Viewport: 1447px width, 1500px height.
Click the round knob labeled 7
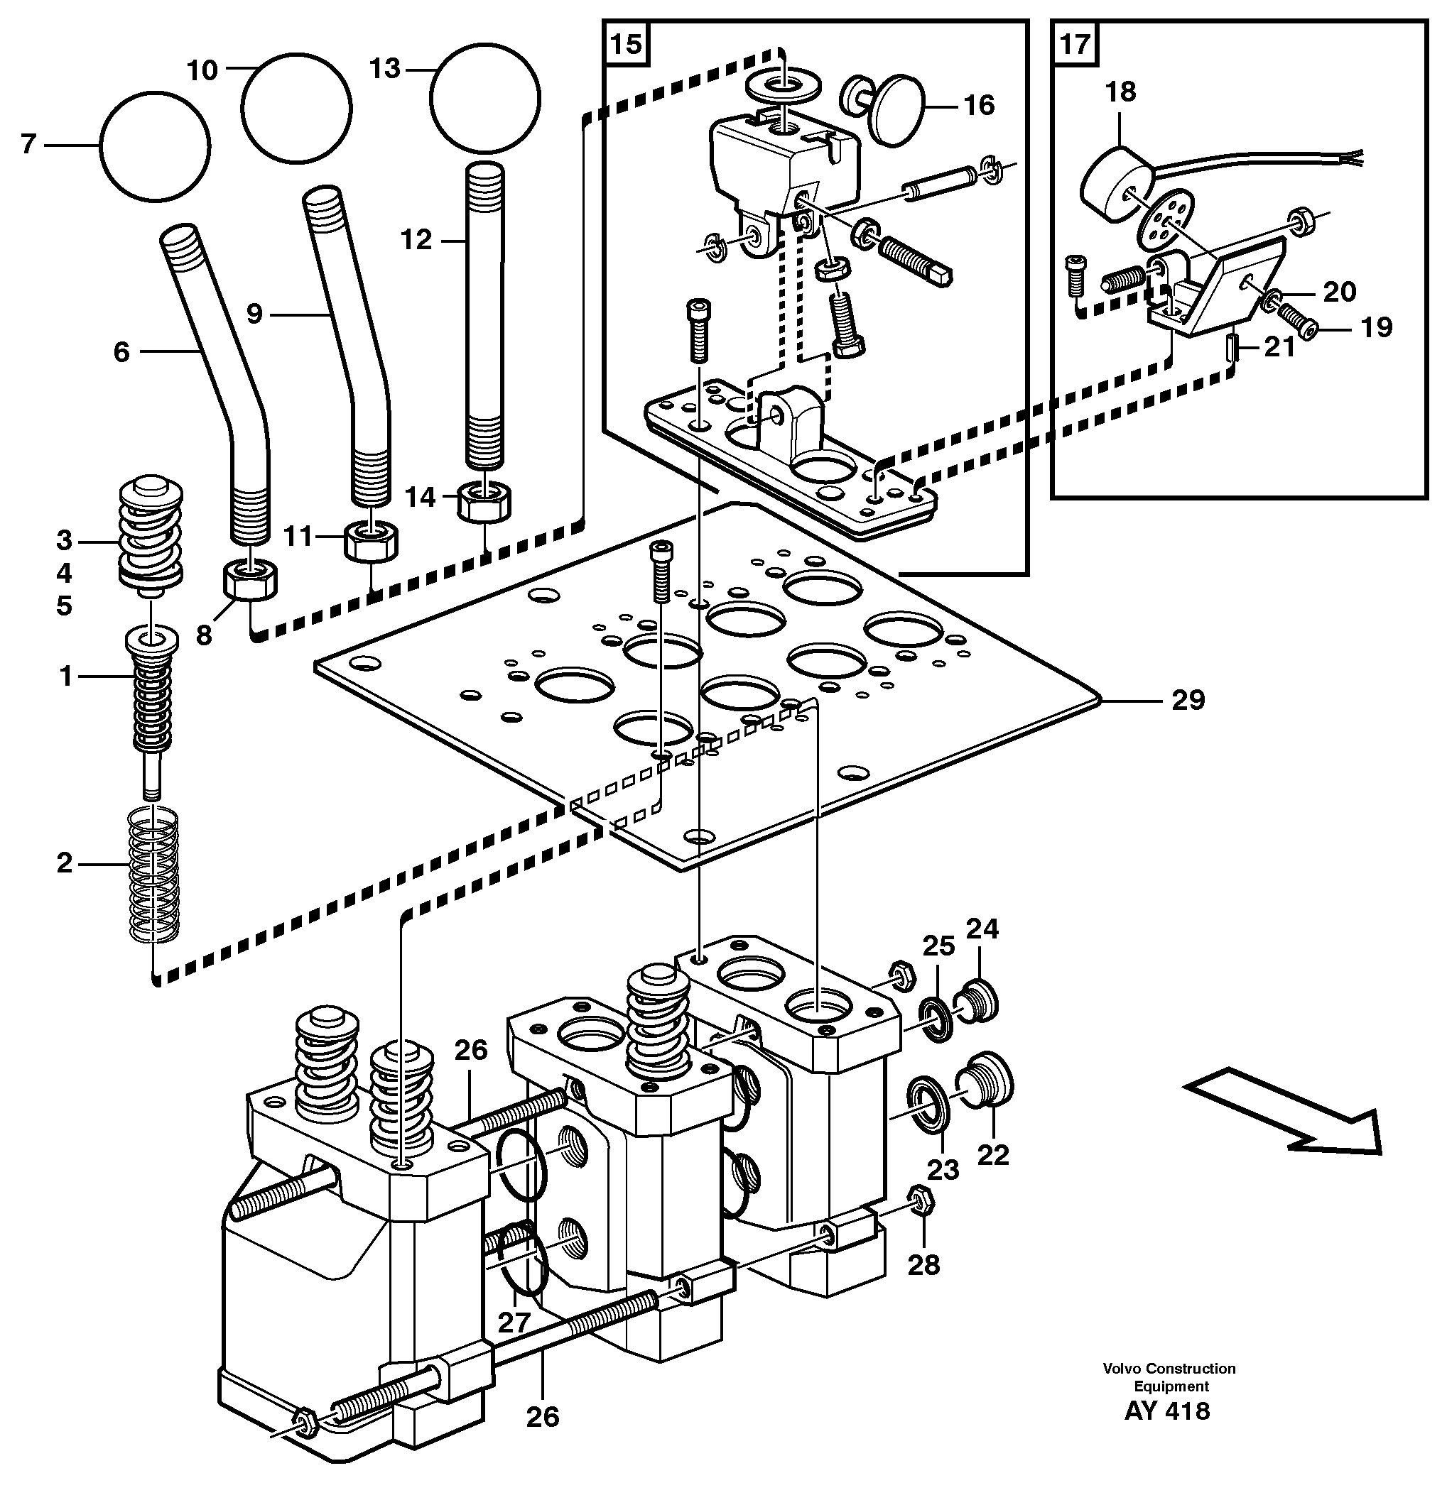155,147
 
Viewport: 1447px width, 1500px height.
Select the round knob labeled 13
484,98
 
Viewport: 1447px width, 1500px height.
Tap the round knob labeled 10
296,108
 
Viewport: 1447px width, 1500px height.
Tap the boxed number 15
626,43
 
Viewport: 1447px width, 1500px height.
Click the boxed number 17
1074,43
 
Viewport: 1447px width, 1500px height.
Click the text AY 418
1167,1411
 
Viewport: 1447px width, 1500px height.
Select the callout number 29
1188,699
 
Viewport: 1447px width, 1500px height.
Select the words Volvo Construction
1169,1367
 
